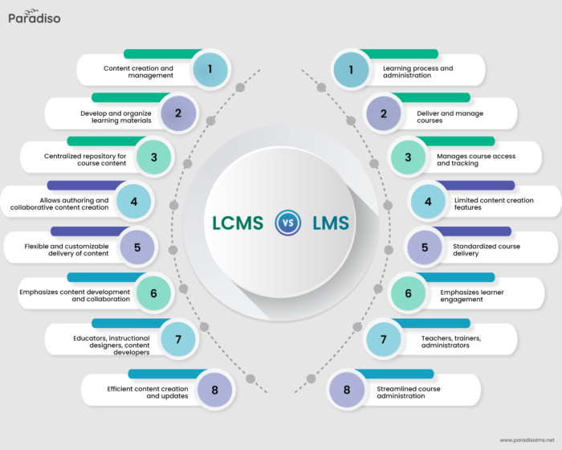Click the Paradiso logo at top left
tap(34, 17)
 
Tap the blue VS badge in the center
tap(287, 223)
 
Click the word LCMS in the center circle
tap(237, 223)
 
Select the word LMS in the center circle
tap(331, 223)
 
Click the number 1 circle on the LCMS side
tap(210, 69)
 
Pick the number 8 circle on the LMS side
tap(347, 390)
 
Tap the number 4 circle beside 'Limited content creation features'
tap(428, 202)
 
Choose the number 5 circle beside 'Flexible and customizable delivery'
tap(137, 247)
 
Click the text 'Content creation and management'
tap(138, 72)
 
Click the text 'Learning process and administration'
tap(417, 72)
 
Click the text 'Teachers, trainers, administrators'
tap(451, 342)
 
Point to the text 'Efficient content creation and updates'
tap(147, 392)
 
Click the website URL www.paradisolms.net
tap(527, 440)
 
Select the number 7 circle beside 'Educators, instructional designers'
tap(178, 339)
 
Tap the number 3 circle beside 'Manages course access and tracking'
tap(408, 157)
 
